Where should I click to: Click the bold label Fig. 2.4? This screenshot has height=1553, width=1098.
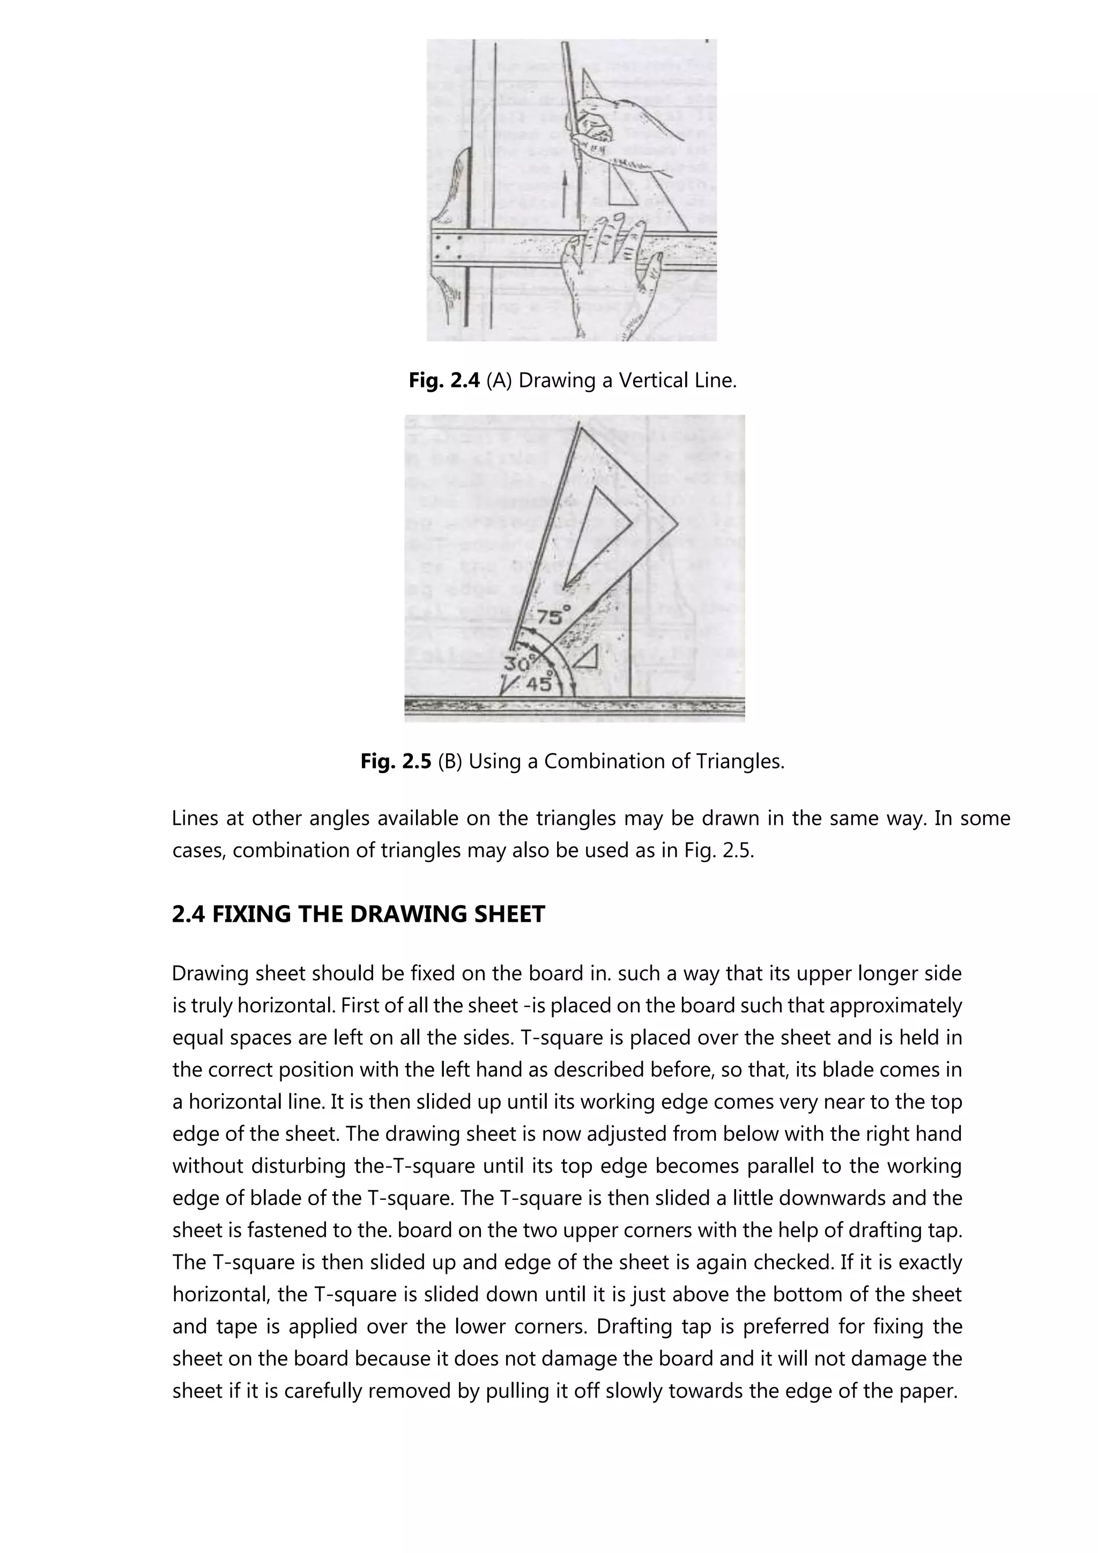tap(444, 381)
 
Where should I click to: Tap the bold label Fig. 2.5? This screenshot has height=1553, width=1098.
tap(395, 761)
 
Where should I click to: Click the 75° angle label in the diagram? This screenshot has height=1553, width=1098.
tap(553, 616)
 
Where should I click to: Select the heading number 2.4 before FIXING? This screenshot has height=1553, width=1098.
tap(189, 914)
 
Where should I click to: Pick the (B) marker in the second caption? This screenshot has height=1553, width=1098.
tap(450, 761)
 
